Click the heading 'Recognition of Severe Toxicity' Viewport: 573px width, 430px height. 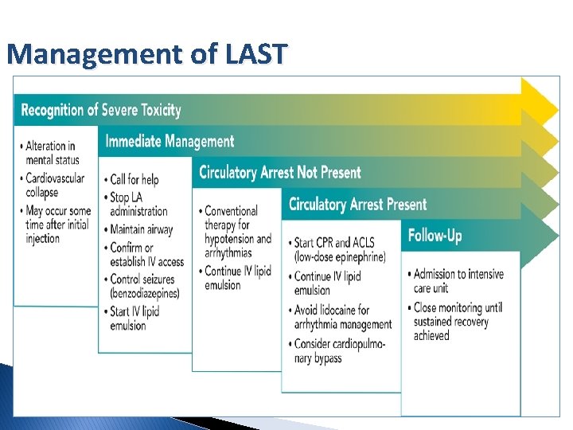(x=101, y=110)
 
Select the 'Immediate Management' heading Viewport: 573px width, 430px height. (x=170, y=142)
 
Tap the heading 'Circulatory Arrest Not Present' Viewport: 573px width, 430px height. (x=279, y=173)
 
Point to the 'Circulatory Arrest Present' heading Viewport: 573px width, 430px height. (x=357, y=205)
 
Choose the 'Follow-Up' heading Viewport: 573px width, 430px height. (x=435, y=236)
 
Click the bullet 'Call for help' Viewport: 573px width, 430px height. (x=134, y=179)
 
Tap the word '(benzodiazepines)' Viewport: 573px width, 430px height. (x=145, y=293)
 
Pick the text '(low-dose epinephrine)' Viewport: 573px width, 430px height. (x=340, y=257)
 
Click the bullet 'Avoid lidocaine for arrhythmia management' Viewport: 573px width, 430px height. (x=342, y=317)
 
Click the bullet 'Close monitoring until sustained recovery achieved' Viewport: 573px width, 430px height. (x=458, y=322)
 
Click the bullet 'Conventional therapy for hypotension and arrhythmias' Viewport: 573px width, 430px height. (x=237, y=232)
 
